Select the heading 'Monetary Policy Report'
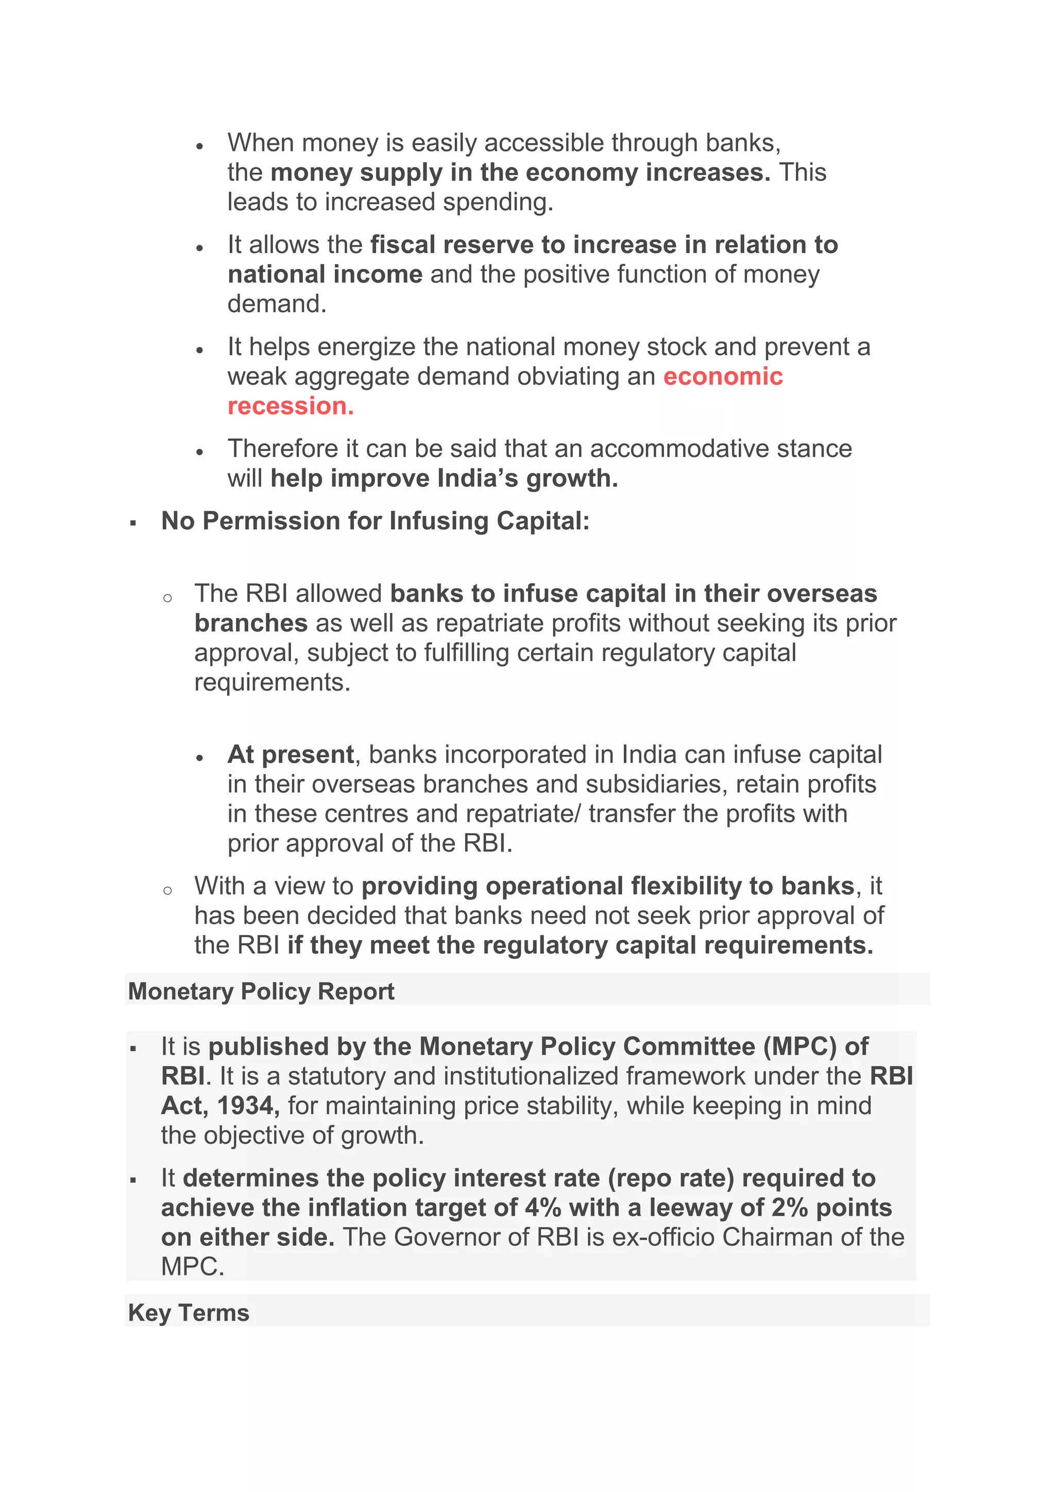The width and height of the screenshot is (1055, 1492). (261, 991)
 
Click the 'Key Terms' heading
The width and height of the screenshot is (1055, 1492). (189, 1312)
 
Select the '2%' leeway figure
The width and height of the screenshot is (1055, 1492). (789, 1208)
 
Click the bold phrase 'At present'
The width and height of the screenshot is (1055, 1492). (291, 754)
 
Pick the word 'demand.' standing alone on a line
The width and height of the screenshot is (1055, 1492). (277, 303)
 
